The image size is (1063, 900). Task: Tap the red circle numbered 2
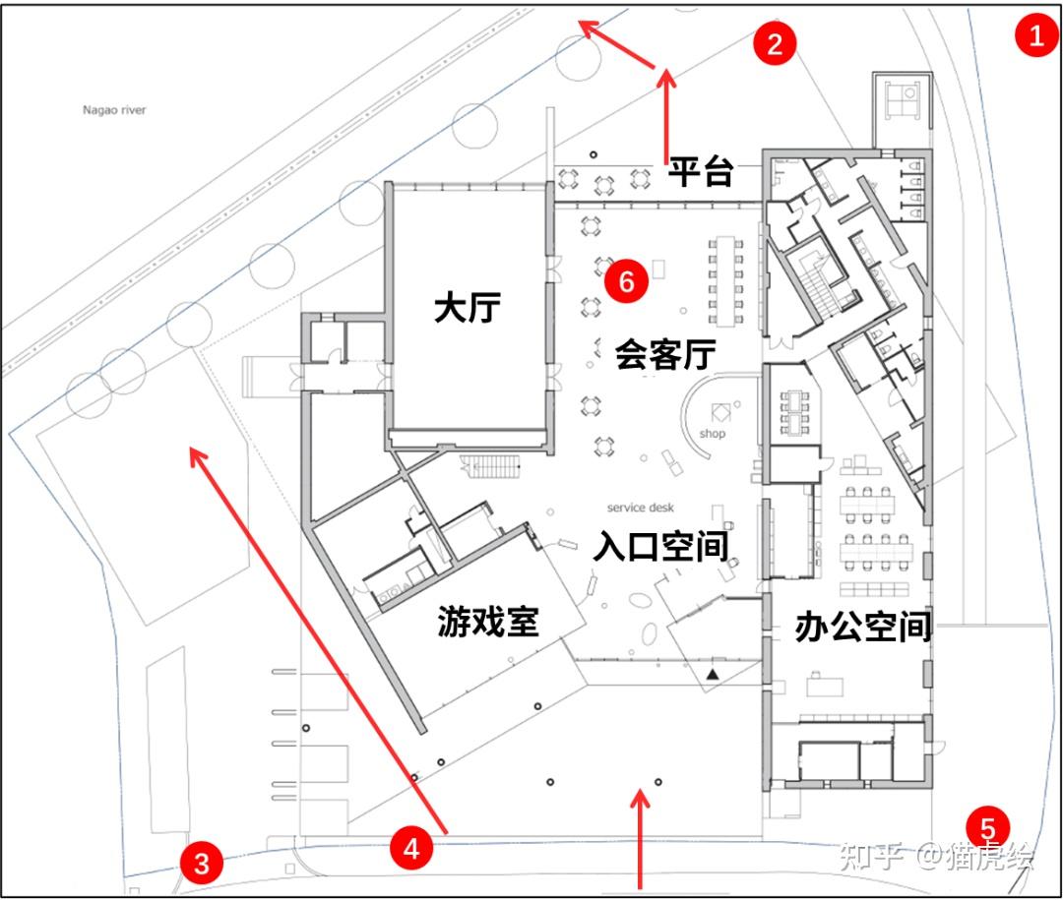(775, 43)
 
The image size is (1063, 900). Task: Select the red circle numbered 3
(201, 865)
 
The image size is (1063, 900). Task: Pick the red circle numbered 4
(411, 847)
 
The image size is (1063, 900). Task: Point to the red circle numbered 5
(987, 827)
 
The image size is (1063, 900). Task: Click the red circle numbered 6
(626, 282)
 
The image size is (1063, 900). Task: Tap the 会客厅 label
(664, 353)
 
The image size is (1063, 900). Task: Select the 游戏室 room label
(488, 621)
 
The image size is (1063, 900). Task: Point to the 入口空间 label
(659, 547)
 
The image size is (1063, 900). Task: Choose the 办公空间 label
(862, 627)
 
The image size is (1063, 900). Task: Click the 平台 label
(702, 172)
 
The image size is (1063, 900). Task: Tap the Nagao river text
(114, 110)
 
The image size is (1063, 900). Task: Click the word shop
(712, 434)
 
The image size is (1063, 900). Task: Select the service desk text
(640, 508)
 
